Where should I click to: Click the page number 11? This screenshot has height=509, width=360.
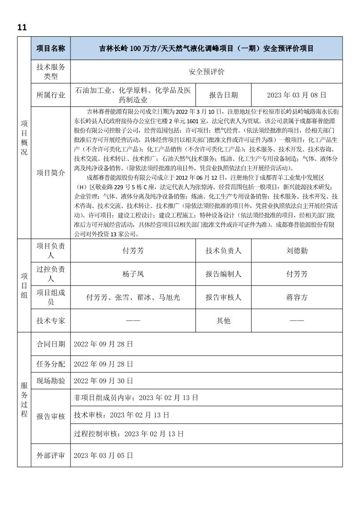[x=22, y=27]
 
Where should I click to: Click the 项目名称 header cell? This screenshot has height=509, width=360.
[x=51, y=48]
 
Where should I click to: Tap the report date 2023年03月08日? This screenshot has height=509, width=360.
[x=296, y=95]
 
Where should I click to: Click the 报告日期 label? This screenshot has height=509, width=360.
[x=223, y=95]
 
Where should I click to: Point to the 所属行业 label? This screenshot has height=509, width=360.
[x=51, y=95]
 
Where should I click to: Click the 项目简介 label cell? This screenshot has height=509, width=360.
[x=51, y=172]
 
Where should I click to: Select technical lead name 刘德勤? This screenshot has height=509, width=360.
[x=297, y=251]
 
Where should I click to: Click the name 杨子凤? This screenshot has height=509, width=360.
[x=133, y=274]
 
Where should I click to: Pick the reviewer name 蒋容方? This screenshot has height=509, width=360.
[x=297, y=297]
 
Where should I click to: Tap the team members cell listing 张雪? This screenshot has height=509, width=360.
[x=133, y=297]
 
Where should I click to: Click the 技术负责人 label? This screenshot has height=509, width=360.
[x=223, y=251]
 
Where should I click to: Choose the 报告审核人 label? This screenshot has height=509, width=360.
[x=223, y=297]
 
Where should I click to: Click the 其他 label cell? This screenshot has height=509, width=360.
[x=223, y=321]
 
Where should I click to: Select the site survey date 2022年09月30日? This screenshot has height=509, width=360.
[x=104, y=381]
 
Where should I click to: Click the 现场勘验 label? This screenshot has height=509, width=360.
[x=51, y=381]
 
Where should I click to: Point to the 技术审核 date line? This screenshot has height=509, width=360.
[x=121, y=415]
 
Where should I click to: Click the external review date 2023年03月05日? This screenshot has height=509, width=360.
[x=104, y=455]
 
